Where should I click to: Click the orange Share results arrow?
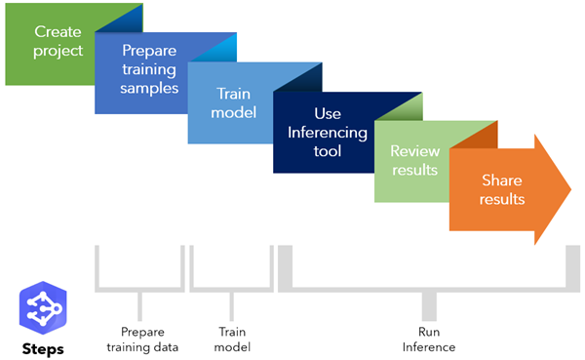(501, 189)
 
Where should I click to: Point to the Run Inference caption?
(428, 339)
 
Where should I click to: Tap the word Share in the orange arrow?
(501, 180)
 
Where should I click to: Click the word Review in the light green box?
(412, 151)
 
